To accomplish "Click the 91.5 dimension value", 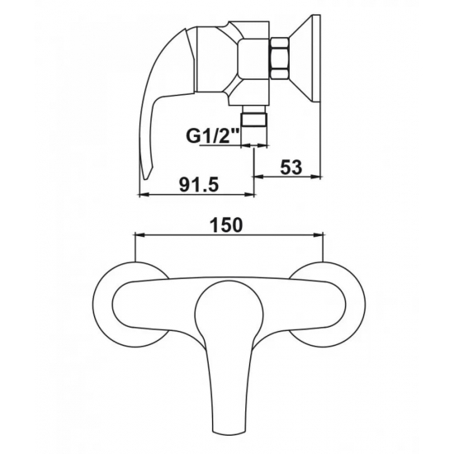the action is click(198, 185).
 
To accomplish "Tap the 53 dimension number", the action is click(291, 167).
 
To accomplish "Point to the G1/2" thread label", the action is click(212, 137).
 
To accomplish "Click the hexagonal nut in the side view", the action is click(279, 58).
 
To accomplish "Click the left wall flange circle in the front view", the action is click(133, 305).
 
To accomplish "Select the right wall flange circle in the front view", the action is click(327, 305).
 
